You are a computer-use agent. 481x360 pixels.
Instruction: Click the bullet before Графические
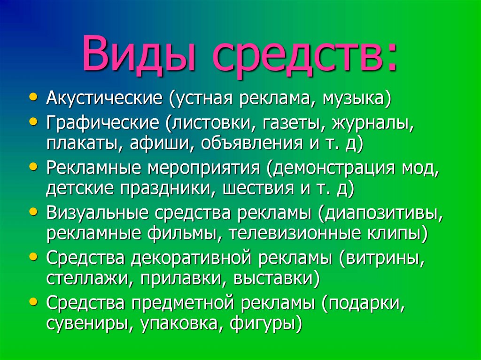tap(31, 121)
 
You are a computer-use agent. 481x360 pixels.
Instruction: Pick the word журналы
tap(373, 123)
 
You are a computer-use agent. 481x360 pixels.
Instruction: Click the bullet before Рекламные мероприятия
tap(31, 166)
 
